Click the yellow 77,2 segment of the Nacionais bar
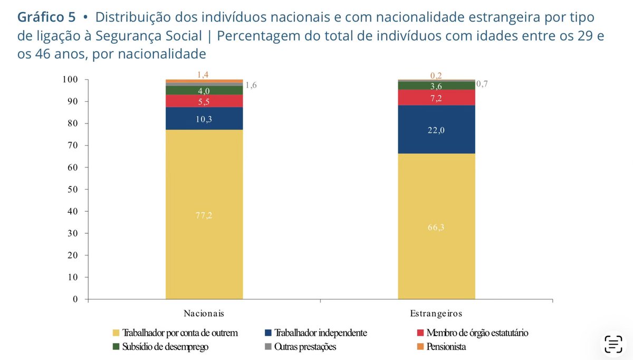[204, 215]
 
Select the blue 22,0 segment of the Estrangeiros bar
[436, 130]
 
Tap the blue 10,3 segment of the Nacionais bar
[204, 119]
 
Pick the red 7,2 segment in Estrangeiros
[436, 98]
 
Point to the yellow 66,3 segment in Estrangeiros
[436, 227]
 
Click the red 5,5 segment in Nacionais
[204, 101]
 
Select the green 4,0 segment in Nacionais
[204, 91]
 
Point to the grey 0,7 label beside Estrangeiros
[482, 83]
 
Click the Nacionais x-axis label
[204, 313]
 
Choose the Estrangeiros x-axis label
[436, 313]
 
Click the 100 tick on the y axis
[70, 80]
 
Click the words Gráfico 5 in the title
[46, 17]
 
